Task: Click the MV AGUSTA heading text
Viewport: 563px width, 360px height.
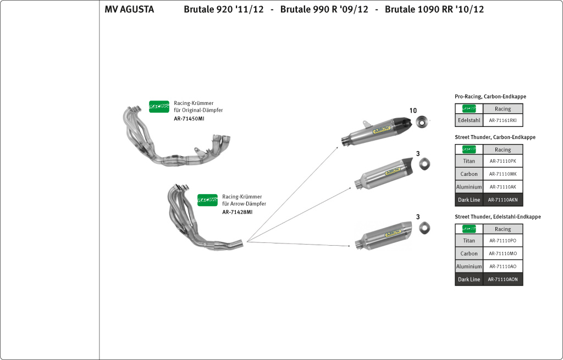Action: tap(129, 9)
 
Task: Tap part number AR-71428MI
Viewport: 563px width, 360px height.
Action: tap(238, 212)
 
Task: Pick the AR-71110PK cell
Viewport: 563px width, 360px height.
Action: tap(503, 162)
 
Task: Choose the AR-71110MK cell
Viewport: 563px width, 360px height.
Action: tap(503, 174)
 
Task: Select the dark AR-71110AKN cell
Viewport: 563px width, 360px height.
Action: tap(503, 200)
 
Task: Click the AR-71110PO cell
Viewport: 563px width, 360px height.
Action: tap(503, 241)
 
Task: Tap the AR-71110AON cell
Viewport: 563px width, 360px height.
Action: tap(503, 280)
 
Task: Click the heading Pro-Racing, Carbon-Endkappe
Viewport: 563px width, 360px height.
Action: tap(490, 97)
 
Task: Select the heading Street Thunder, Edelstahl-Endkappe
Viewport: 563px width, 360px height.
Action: tap(498, 217)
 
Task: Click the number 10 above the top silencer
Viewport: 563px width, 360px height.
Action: tap(413, 110)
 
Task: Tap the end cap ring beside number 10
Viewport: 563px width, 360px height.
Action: tap(423, 121)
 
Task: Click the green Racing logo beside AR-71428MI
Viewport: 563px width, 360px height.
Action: tap(208, 200)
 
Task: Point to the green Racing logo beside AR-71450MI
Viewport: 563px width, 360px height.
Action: tap(159, 107)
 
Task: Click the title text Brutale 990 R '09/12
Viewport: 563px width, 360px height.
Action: tap(324, 9)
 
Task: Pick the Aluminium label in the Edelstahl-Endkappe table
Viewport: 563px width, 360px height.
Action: tap(469, 267)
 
